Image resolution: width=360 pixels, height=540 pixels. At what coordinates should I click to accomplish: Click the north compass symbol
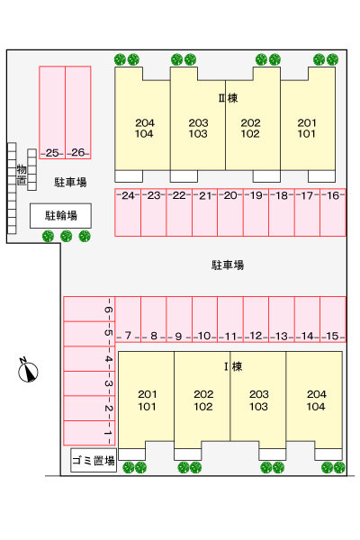[28, 371]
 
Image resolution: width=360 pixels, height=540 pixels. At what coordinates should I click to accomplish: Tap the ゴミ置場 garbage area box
[94, 460]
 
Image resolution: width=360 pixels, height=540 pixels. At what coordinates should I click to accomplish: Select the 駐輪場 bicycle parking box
[60, 216]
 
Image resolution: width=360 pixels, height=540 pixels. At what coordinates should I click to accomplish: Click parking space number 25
[52, 112]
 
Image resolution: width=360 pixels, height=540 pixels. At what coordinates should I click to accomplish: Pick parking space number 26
[78, 112]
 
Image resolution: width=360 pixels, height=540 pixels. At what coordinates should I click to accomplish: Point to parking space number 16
[333, 212]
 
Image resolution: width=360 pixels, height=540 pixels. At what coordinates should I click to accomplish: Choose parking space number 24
[128, 212]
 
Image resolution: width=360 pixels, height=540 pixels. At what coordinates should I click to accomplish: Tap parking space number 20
[230, 212]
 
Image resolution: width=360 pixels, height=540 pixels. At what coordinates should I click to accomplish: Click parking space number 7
[128, 319]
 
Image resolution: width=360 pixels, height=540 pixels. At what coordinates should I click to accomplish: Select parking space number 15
[333, 319]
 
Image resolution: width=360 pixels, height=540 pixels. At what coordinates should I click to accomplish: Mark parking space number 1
[89, 433]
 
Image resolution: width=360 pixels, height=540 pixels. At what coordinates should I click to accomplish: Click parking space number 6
[89, 310]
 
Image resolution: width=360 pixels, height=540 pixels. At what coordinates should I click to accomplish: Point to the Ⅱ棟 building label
[228, 98]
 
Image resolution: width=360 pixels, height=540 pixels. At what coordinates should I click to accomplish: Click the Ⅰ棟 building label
[233, 366]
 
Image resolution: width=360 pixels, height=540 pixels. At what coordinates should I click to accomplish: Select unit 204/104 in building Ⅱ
[142, 119]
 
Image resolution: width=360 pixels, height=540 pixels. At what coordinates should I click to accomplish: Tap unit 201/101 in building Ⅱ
[308, 119]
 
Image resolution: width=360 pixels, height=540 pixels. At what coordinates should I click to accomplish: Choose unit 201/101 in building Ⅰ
[147, 400]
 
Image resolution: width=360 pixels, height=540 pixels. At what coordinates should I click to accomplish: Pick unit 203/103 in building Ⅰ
[258, 400]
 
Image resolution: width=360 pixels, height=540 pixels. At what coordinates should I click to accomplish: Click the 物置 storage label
[22, 175]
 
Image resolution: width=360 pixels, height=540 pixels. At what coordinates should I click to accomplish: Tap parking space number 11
[230, 319]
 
